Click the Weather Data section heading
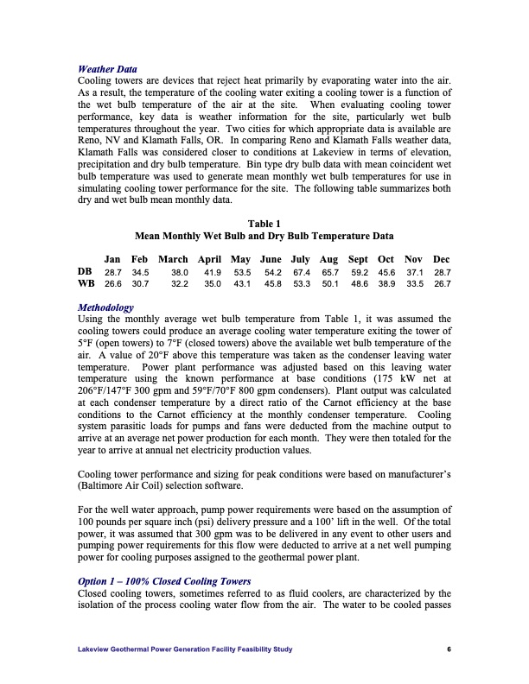tap(107, 69)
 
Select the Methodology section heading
tap(105, 307)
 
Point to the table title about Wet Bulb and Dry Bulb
tap(264, 236)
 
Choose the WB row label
tap(86, 283)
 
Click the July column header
tap(301, 259)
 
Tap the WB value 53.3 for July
tap(302, 283)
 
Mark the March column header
tap(174, 259)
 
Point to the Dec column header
tap(442, 259)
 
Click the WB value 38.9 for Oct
tap(386, 283)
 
